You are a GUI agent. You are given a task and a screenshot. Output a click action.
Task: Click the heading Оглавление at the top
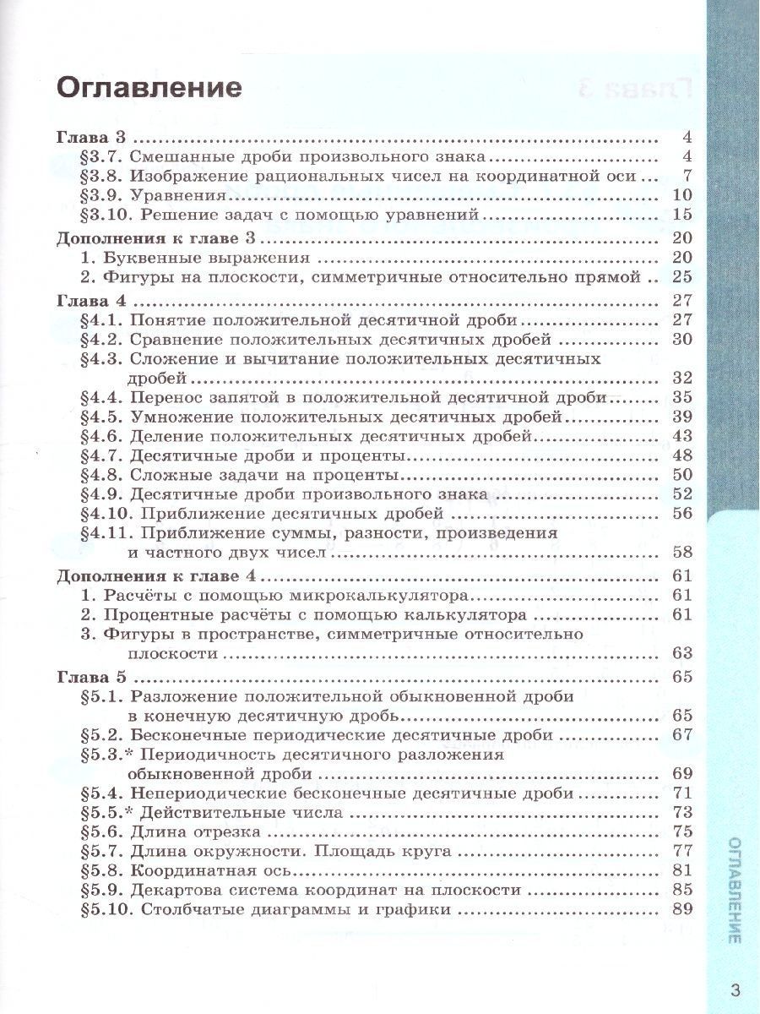149,88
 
